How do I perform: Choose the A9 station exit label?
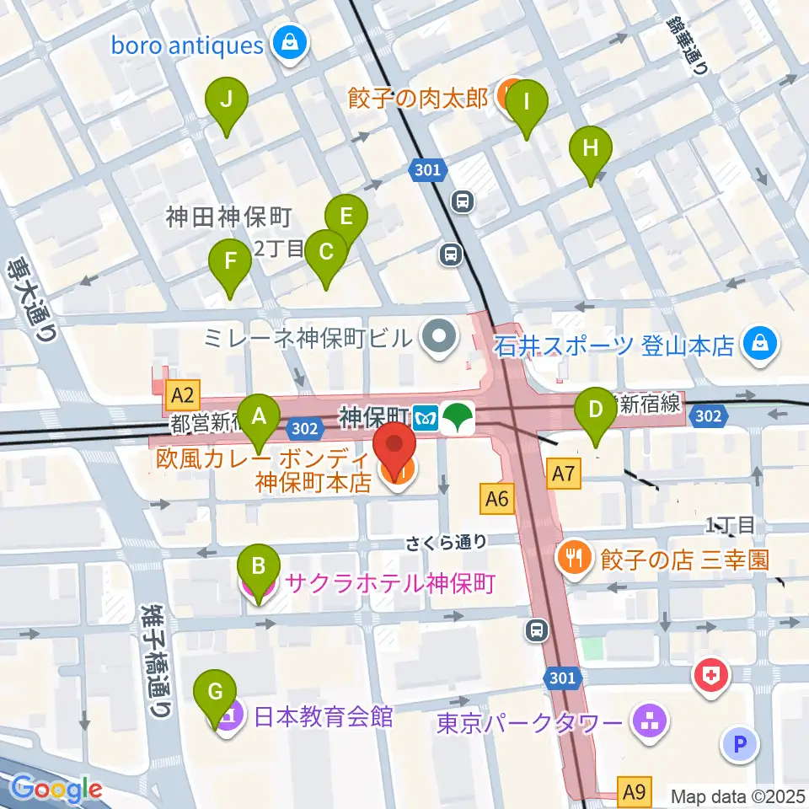[x=635, y=791]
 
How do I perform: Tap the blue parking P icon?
[x=741, y=743]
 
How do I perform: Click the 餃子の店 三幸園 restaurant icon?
[x=575, y=558]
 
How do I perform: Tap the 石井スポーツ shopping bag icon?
[x=761, y=346]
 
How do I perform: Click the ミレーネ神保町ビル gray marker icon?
[x=438, y=339]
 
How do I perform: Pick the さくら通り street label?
[x=447, y=543]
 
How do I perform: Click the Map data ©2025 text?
[x=737, y=796]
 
